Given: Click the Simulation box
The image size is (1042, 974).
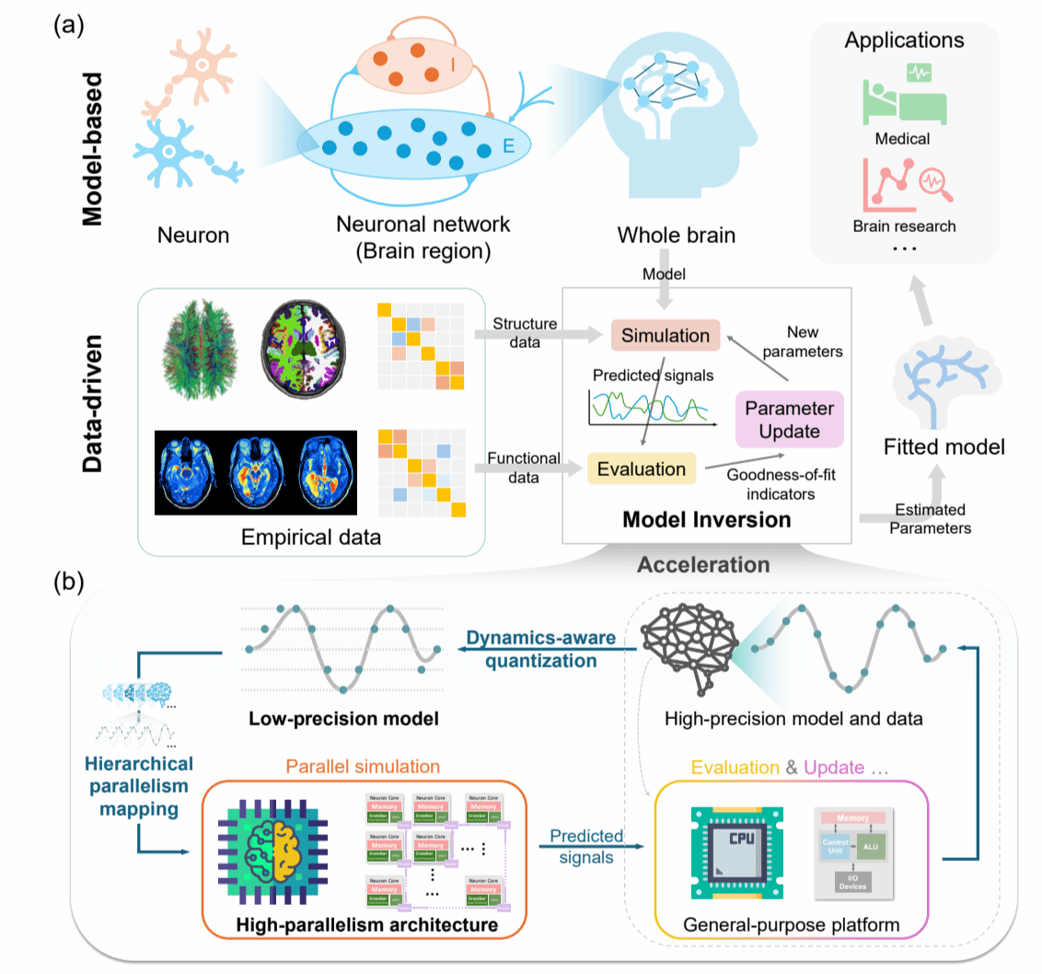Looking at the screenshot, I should coord(666,336).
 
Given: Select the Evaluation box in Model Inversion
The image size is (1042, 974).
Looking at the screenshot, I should coord(642,469).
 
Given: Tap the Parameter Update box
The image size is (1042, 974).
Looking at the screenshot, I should coord(789,419).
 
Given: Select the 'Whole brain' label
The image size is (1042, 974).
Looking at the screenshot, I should coord(677,235).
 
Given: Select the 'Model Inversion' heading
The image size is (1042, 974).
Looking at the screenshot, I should coord(707,520).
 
